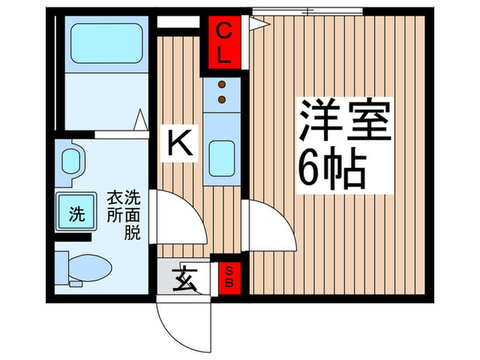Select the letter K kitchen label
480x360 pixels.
(179, 143)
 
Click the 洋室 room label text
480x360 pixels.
(343, 122)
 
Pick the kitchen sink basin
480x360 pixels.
(221, 158)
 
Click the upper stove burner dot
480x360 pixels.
(221, 86)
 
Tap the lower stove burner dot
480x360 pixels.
(221, 99)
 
